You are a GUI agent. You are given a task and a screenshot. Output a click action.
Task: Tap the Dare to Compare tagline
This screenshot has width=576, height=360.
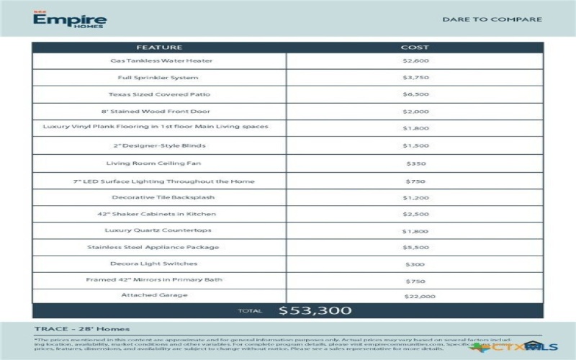[x=492, y=19]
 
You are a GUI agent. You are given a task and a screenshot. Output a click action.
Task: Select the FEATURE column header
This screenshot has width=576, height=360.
[x=159, y=48]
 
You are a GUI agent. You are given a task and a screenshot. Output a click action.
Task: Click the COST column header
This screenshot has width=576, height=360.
[x=415, y=48]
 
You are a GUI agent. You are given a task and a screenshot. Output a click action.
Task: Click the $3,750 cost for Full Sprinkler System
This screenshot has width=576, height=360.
[x=415, y=78]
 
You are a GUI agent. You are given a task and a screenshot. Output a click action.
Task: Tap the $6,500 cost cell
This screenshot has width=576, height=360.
[x=415, y=94]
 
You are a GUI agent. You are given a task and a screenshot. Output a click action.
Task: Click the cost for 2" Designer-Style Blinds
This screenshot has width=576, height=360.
[x=415, y=146]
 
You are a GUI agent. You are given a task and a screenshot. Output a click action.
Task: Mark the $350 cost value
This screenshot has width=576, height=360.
[x=415, y=164]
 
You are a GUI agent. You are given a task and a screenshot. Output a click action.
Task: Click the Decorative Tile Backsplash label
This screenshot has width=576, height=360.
[x=163, y=197]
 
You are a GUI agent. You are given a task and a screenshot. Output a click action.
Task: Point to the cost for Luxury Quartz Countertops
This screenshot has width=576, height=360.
[x=415, y=231]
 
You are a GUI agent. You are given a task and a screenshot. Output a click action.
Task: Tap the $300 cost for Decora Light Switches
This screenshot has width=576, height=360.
[x=415, y=264]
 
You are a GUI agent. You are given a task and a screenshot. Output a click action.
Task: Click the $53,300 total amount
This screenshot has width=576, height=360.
[x=315, y=311]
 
